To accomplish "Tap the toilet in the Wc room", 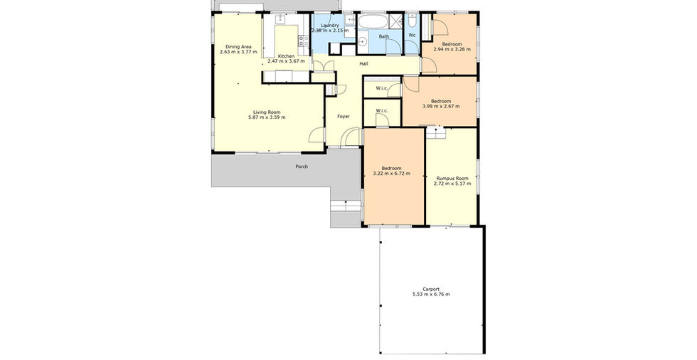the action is click(412, 21).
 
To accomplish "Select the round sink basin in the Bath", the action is click(362, 42).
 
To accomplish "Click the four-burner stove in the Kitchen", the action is click(304, 41).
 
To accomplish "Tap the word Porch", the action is click(302, 166).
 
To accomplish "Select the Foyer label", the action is click(343, 117).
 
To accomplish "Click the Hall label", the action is click(363, 64).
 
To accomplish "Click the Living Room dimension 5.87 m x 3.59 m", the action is click(267, 117).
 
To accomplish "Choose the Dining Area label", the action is click(238, 47).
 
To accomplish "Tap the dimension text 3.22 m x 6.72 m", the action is click(391, 174).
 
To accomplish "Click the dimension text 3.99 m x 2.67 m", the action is click(440, 106).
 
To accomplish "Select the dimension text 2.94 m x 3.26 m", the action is click(452, 49).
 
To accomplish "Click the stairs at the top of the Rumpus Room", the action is click(435, 132).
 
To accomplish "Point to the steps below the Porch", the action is click(345, 206).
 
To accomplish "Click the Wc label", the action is click(412, 35).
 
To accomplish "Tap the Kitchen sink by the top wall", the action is click(280, 18).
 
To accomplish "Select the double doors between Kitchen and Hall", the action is click(324, 65).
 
